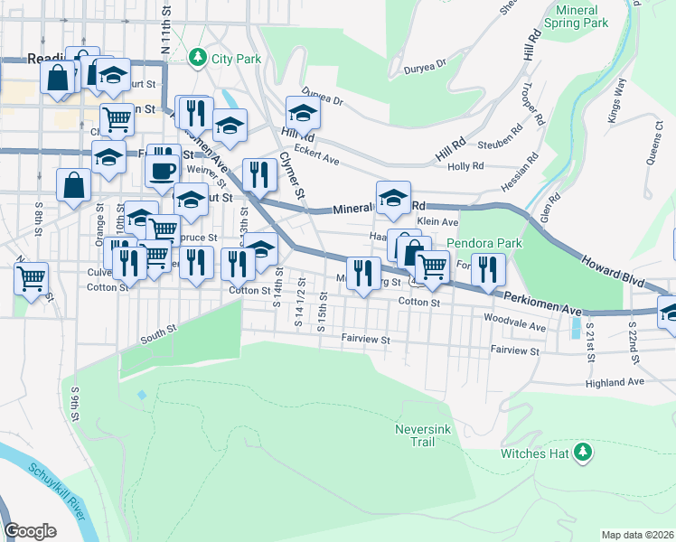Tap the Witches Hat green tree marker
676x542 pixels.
coord(584,451)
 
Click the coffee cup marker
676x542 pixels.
coord(163,168)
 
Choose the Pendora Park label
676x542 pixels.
coord(484,244)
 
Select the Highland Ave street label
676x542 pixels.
coord(614,382)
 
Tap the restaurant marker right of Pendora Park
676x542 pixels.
coord(488,269)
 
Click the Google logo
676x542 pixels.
coord(30,531)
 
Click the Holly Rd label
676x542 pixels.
coord(465,166)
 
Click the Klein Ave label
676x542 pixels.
coord(437,222)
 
